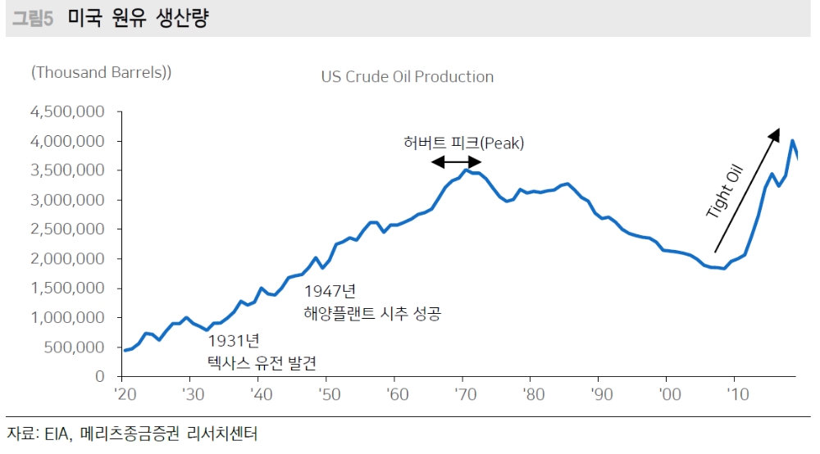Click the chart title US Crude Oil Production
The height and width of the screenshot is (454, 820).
[x=407, y=77]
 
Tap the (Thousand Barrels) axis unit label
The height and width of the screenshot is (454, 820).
[x=101, y=72]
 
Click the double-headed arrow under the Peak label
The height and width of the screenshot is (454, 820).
[x=457, y=161]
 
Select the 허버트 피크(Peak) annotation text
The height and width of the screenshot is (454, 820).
[x=463, y=143]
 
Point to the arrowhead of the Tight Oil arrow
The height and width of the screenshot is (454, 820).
[x=774, y=134]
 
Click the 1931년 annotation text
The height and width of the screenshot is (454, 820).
[x=234, y=340]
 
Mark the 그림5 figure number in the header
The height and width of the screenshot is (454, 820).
[x=33, y=20]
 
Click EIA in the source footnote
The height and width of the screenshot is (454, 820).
[x=54, y=433]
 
